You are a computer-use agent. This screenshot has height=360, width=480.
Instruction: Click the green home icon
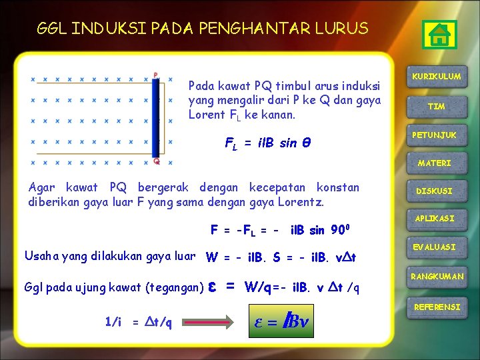[439, 35]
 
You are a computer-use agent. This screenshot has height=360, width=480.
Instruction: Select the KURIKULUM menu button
[437, 77]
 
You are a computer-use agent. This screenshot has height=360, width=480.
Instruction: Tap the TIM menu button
[437, 107]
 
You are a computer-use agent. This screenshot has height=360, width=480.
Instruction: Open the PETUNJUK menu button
[434, 135]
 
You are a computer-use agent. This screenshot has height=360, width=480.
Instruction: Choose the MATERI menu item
[435, 163]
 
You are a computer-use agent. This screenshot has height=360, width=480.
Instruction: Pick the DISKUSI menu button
[435, 191]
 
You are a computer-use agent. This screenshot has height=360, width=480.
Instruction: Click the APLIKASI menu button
[435, 219]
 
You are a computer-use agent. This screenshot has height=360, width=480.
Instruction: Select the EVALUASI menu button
[435, 247]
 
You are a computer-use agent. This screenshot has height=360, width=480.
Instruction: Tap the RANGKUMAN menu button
[437, 276]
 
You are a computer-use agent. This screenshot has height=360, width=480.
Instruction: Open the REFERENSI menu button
[437, 307]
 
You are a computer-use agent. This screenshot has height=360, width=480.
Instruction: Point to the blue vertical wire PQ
[156, 118]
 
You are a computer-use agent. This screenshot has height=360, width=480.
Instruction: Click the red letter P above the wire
[155, 75]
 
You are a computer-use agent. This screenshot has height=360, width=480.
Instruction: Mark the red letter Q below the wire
[156, 161]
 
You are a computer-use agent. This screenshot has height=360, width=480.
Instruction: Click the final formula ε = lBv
[283, 322]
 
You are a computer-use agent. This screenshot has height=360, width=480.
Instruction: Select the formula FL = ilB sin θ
[269, 143]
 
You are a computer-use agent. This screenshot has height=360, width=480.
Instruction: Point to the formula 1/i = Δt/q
[139, 323]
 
